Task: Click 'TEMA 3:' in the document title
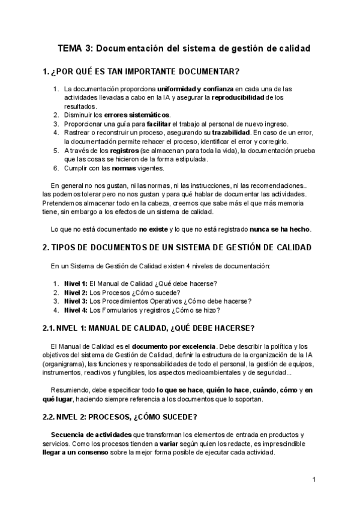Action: tap(75, 48)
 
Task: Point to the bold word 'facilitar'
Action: tap(158, 124)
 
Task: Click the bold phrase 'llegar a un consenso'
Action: tap(76, 453)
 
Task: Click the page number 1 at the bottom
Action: tap(314, 480)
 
